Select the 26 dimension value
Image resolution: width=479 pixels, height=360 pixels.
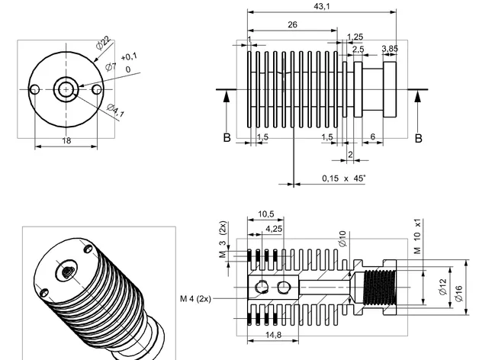292,25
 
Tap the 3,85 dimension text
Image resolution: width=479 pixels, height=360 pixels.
389,49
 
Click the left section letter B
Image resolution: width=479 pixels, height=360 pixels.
227,139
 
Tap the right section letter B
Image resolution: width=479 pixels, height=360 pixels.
418,139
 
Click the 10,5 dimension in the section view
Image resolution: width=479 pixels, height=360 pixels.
265,214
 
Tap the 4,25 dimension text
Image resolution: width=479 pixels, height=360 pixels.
274,227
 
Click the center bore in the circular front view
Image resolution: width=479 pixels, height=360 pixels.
66,89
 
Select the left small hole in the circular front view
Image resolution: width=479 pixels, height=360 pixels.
34,89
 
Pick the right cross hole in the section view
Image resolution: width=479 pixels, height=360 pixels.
285,287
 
